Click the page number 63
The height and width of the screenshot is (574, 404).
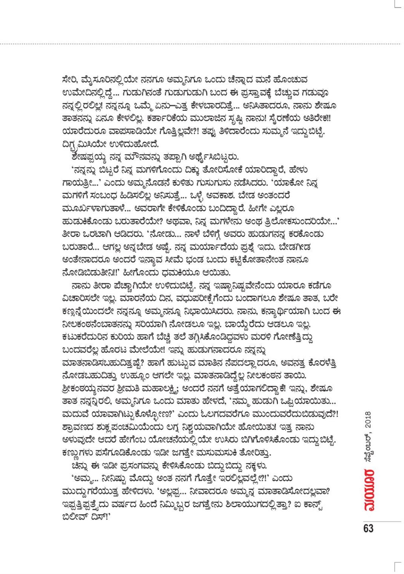pos(368,528)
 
